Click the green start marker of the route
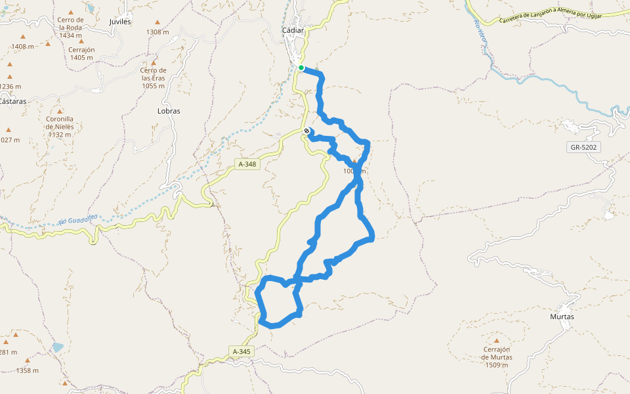click(x=301, y=68)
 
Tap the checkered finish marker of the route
click(x=306, y=131)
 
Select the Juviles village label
click(x=121, y=22)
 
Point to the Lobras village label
click(x=169, y=111)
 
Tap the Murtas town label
click(x=562, y=317)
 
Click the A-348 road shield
click(x=247, y=164)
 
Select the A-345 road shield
click(x=241, y=352)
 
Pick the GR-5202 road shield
click(x=583, y=148)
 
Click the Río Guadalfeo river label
click(x=77, y=218)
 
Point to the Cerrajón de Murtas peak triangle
click(x=497, y=341)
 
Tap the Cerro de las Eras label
click(x=153, y=77)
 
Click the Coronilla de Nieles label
click(x=59, y=127)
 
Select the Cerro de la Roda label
click(x=70, y=28)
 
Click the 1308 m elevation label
click(x=157, y=32)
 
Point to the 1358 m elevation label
click(x=28, y=370)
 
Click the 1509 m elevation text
click(x=497, y=365)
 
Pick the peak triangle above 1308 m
click(x=157, y=22)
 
